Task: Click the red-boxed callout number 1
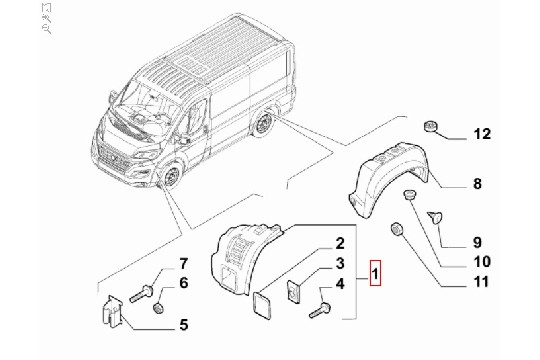[x=375, y=274]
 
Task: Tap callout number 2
[x=340, y=243]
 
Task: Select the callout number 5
[x=184, y=325]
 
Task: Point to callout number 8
[x=477, y=183]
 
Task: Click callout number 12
[x=482, y=134]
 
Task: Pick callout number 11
[x=482, y=281]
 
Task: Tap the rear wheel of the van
[x=264, y=123]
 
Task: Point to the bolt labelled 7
[x=142, y=293]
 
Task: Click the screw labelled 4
[x=321, y=310]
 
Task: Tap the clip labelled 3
[x=293, y=292]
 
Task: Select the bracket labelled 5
[x=113, y=311]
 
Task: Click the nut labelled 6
[x=158, y=308]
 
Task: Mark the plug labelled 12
[x=430, y=126]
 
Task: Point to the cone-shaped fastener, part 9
[x=435, y=217]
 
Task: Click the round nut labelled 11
[x=397, y=230]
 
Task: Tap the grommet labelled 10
[x=410, y=195]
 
